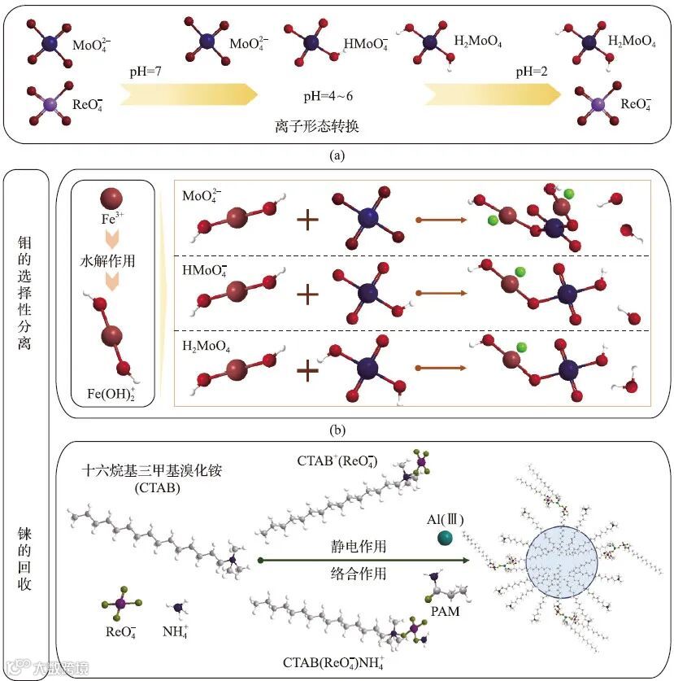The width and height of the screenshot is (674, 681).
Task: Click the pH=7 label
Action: click(148, 72)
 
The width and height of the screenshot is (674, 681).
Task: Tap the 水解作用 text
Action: click(113, 263)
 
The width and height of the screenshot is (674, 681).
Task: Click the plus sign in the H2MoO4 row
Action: click(307, 370)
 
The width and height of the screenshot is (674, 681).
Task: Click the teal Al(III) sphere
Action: click(444, 538)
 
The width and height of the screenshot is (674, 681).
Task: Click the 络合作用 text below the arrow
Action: click(363, 574)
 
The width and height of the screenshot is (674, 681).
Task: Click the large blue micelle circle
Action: click(561, 561)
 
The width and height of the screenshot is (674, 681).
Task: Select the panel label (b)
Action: click(336, 430)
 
